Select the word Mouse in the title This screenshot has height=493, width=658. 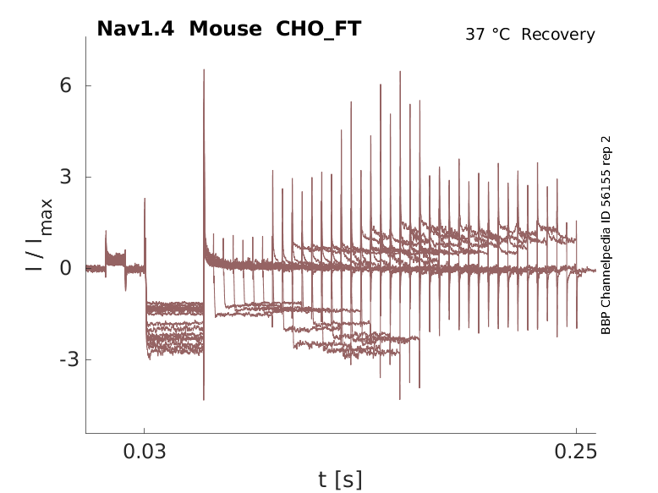(x=226, y=29)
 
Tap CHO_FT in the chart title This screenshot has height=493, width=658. (x=319, y=29)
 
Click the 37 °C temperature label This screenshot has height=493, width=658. (x=489, y=35)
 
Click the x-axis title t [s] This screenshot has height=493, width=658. (x=340, y=480)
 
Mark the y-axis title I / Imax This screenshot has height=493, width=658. (x=39, y=234)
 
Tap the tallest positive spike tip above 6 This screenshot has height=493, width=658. (x=204, y=70)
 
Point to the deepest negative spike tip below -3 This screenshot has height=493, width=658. (x=204, y=399)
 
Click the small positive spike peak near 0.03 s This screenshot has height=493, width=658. (x=145, y=200)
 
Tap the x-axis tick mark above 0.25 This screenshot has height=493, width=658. (x=576, y=431)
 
